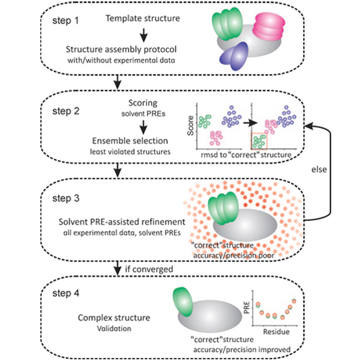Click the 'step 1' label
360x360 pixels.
66,21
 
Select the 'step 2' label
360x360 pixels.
66,111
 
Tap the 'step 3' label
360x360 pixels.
66,198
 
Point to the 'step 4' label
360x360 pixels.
66,293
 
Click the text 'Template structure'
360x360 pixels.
143,18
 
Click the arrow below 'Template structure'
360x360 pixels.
143,35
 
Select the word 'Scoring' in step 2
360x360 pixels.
143,103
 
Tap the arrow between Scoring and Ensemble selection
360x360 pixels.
143,127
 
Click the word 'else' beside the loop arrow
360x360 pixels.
319,169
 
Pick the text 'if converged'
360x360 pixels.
149,269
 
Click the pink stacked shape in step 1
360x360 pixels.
269,27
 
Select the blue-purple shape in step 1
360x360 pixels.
234,56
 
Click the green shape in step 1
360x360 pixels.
227,24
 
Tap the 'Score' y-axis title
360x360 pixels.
191,125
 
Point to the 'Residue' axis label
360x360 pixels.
276,332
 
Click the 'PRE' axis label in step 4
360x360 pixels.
247,307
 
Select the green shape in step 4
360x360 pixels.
183,302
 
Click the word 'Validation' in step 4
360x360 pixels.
114,328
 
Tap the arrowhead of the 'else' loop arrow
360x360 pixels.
307,126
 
